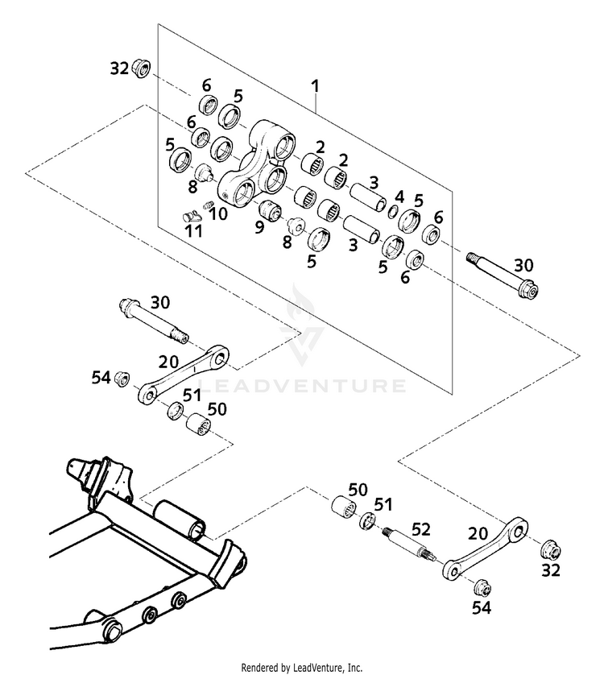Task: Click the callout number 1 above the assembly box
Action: (x=316, y=86)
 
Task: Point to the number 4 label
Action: (x=399, y=197)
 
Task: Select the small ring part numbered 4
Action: (x=393, y=212)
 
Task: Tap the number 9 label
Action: (x=259, y=227)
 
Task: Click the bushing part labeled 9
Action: (x=270, y=211)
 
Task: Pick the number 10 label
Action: (x=219, y=213)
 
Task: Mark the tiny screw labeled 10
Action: (x=208, y=205)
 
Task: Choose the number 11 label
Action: (x=193, y=231)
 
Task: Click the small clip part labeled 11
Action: (x=191, y=215)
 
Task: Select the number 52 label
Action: (x=421, y=529)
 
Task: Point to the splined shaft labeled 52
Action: (x=409, y=545)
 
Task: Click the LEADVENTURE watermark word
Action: (x=301, y=385)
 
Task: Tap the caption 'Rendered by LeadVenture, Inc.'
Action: (x=302, y=668)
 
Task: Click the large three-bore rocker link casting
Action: (x=256, y=166)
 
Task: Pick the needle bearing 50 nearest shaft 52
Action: (x=344, y=506)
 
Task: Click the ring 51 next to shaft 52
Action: (x=366, y=521)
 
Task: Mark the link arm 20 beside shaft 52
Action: (x=485, y=549)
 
